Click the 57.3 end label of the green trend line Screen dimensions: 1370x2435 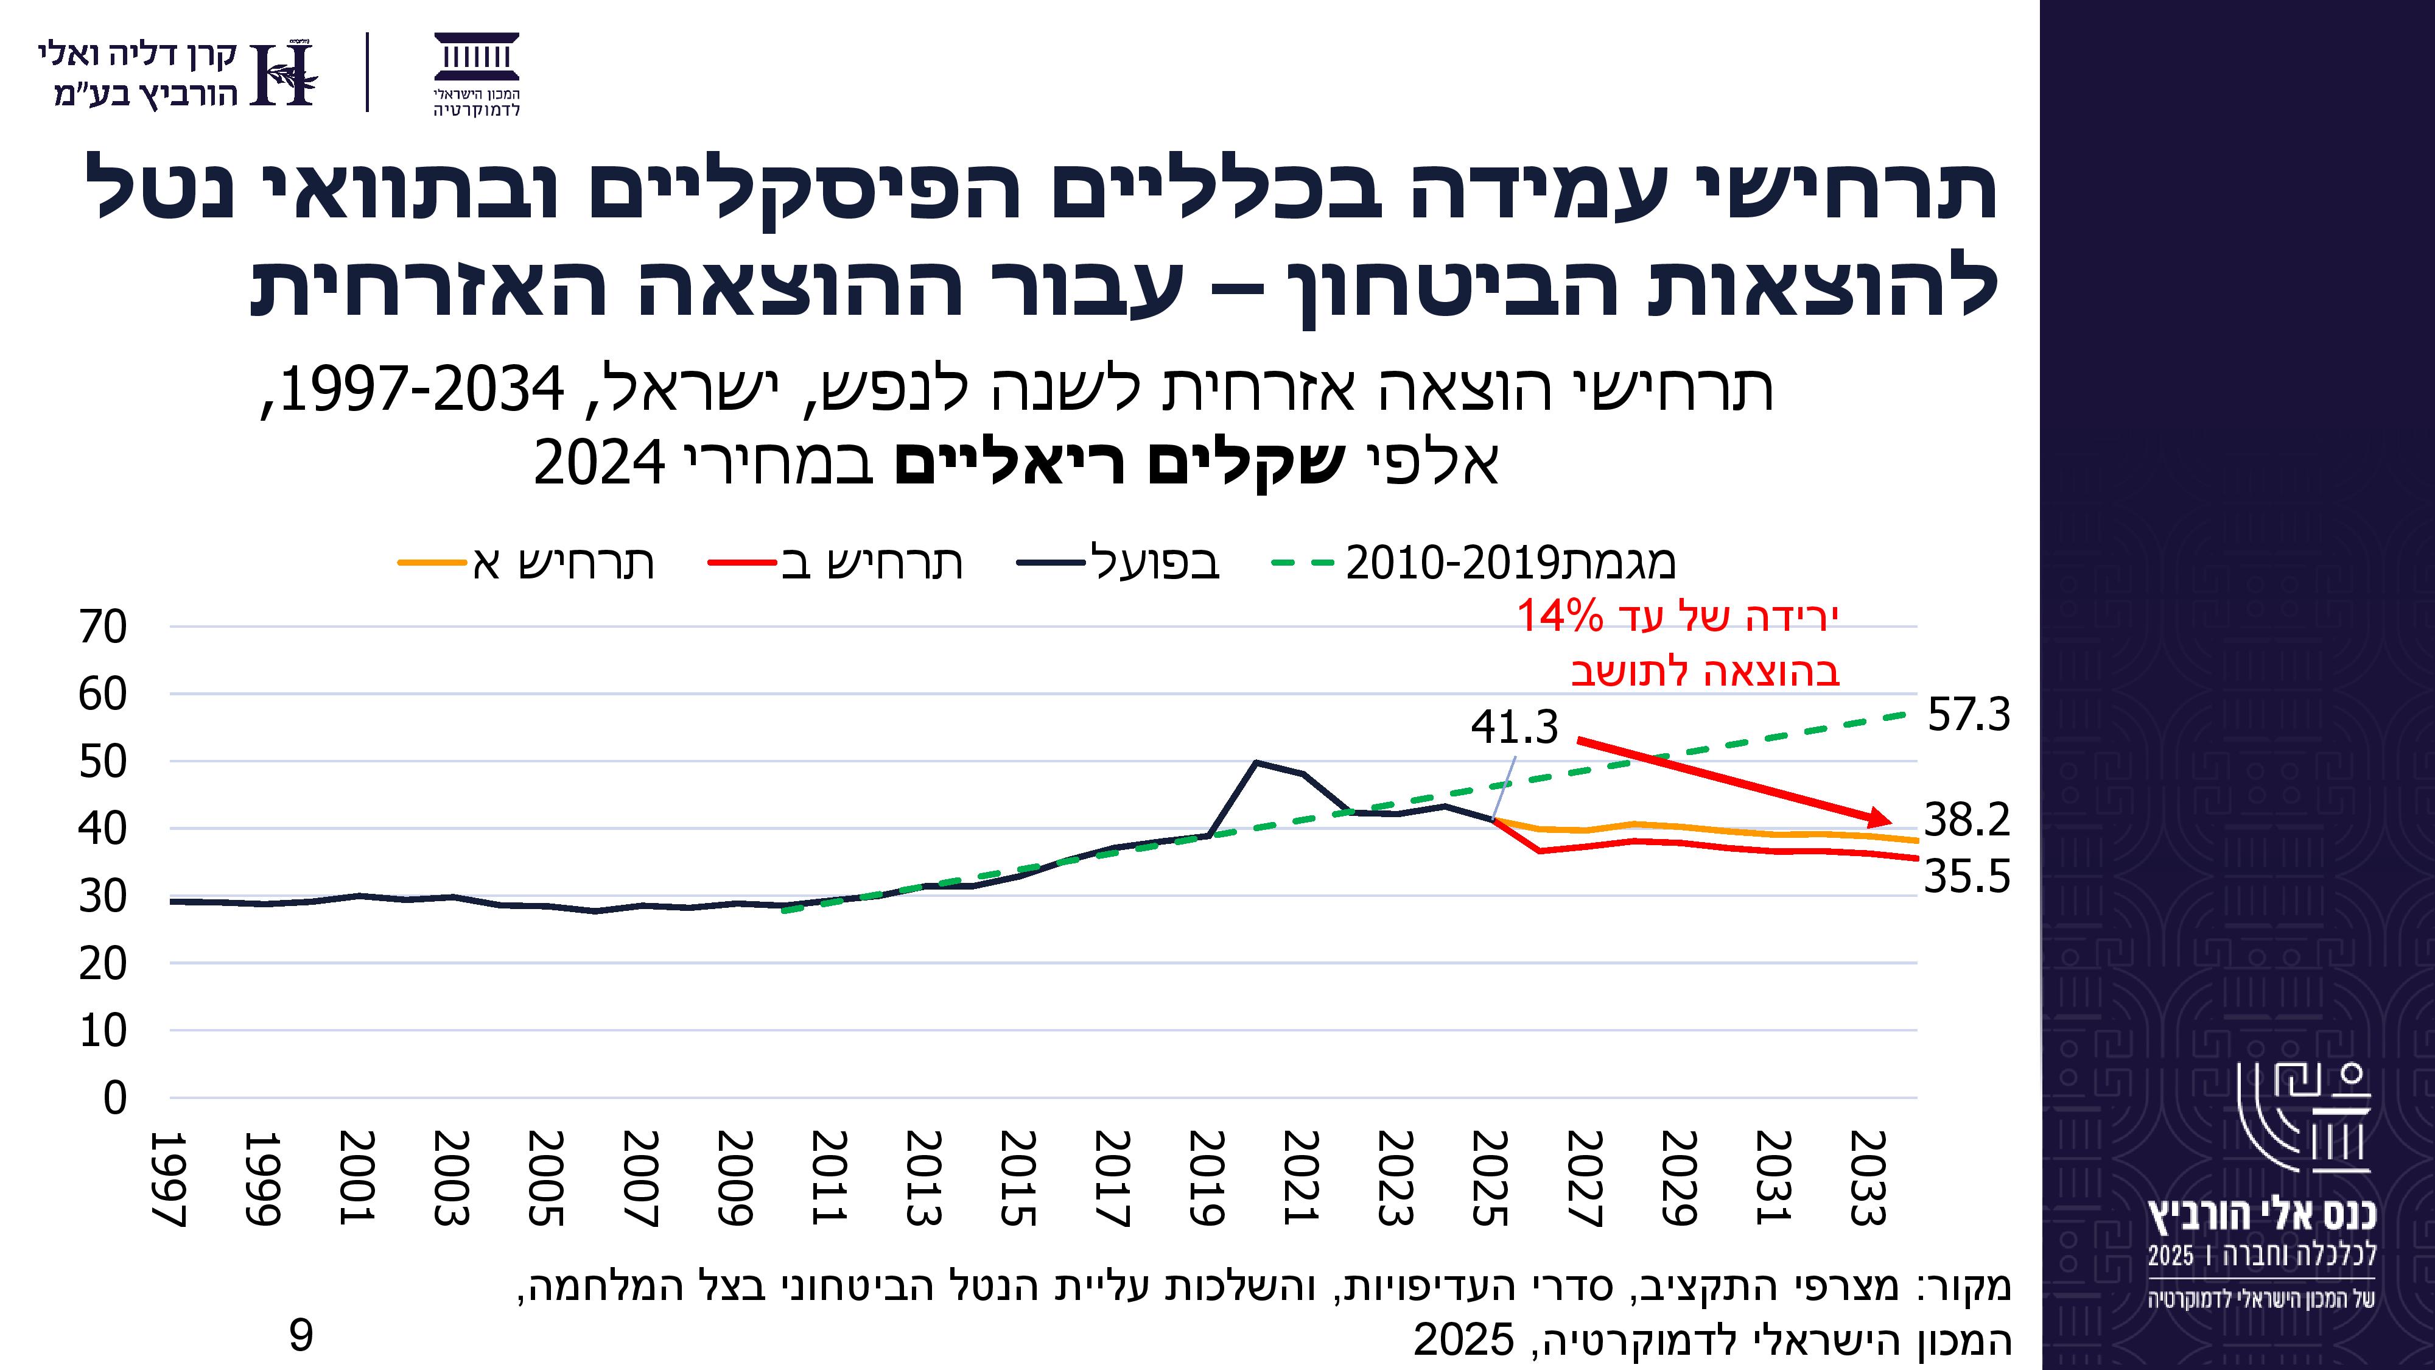[x=1968, y=715]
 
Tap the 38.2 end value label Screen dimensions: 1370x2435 [x=1966, y=820]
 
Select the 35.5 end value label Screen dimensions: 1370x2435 [x=1966, y=877]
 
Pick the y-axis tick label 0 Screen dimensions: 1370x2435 [x=114, y=1098]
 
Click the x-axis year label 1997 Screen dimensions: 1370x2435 [x=168, y=1178]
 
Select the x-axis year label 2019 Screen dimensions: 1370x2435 [x=1207, y=1178]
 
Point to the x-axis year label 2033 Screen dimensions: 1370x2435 [x=1868, y=1178]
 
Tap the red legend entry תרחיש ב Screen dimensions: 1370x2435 [x=836, y=563]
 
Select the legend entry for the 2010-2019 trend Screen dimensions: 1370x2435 [x=1474, y=563]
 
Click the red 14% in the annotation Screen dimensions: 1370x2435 [x=1560, y=617]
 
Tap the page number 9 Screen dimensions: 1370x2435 [x=301, y=1336]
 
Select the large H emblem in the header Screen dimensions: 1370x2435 [x=286, y=74]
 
